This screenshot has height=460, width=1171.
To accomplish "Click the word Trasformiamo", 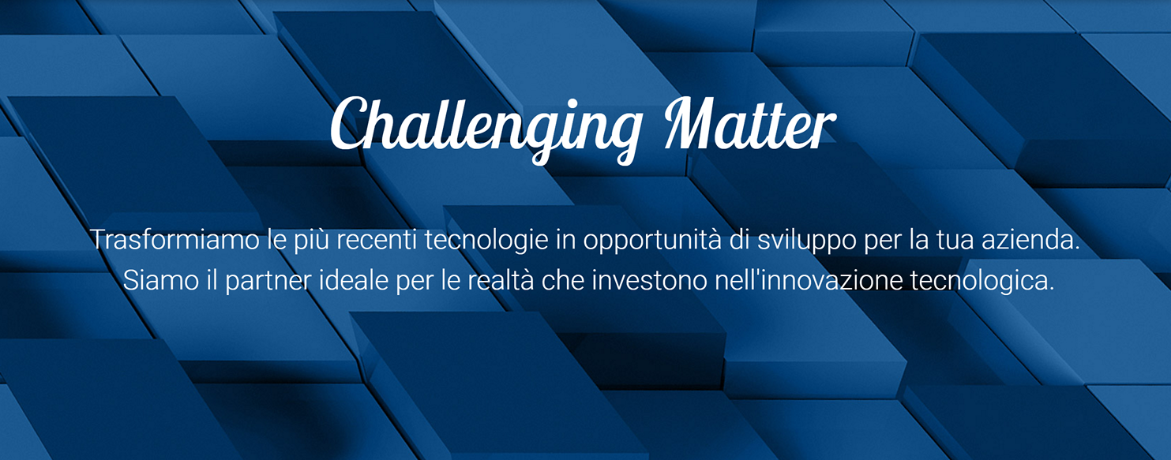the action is pos(175,240).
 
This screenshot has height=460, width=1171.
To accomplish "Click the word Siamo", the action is pos(160,280).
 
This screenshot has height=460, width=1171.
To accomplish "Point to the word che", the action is pos(562,280).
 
